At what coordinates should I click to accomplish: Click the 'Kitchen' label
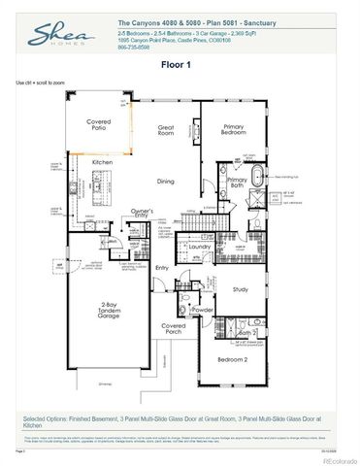coord(104,161)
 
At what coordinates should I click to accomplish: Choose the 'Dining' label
coord(165,181)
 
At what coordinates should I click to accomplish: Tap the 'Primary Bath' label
coord(238,183)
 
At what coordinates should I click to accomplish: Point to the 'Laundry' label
coord(200,247)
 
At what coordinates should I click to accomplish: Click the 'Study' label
coord(241,288)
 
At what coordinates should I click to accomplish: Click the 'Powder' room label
coord(204,310)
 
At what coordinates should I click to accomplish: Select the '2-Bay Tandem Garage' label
coord(108,311)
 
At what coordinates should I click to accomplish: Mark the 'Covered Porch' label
coord(174,330)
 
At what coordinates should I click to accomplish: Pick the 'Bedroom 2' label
coord(234,359)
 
